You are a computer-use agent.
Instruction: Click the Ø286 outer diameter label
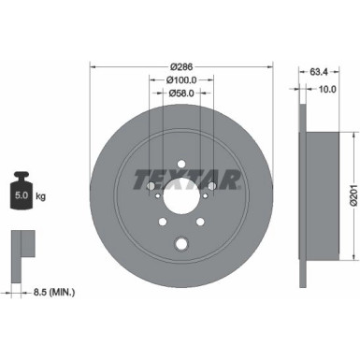tap(180, 67)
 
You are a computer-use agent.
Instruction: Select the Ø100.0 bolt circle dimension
tap(180, 81)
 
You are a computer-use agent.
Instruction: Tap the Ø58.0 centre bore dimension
tap(180, 95)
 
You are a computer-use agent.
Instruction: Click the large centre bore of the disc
tap(180, 200)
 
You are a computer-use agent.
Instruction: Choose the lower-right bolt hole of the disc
tap(199, 223)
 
